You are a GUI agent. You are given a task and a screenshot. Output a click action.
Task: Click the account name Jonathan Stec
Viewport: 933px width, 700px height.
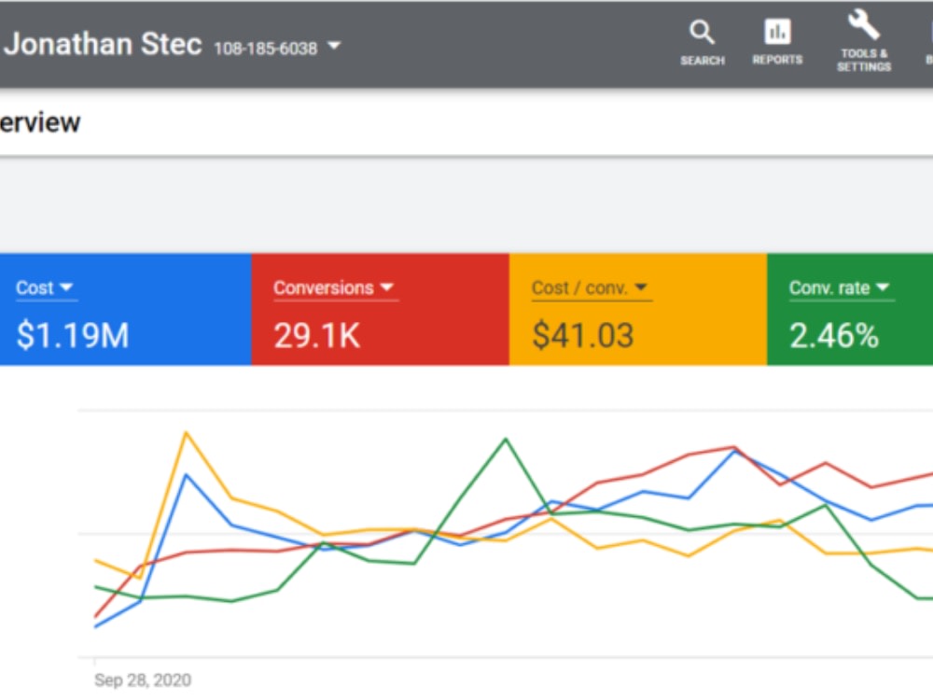[x=103, y=44]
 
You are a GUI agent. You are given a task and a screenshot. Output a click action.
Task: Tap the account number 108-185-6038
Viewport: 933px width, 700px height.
[x=265, y=49]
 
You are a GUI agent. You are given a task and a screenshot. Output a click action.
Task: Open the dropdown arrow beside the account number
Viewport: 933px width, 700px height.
[x=334, y=45]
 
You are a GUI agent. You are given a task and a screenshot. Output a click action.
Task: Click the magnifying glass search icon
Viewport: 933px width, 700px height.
[x=703, y=32]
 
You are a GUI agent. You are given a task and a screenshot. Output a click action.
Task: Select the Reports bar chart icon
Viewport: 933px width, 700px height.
[x=777, y=32]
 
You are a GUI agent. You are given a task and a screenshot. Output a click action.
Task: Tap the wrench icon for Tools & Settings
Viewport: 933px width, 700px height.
[x=863, y=24]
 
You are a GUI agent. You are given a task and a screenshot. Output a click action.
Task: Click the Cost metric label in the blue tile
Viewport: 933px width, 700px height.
[x=35, y=288]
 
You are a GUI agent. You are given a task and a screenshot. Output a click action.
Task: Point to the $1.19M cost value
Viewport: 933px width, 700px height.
[x=73, y=334]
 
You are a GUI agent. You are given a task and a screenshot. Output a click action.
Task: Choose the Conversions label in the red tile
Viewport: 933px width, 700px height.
[x=323, y=288]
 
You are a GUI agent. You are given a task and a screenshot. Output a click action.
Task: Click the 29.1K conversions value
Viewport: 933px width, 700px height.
[x=316, y=335]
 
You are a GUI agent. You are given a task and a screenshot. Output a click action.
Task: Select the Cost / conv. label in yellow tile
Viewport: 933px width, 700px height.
[x=579, y=288]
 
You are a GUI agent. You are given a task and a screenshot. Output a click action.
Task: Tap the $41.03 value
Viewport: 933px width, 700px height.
[x=582, y=334]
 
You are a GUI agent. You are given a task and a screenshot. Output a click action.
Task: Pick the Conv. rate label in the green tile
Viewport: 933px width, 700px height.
[x=829, y=288]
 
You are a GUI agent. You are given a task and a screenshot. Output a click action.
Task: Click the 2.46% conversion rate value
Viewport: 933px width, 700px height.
[x=833, y=335]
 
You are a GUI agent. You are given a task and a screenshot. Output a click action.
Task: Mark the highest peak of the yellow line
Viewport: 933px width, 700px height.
[x=187, y=433]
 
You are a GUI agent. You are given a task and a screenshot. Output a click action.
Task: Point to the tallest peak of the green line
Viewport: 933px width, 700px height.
[x=506, y=439]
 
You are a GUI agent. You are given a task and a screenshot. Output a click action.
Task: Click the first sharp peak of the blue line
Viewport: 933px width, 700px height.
[x=187, y=474]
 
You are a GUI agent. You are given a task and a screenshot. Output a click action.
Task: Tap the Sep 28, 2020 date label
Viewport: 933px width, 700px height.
[x=143, y=679]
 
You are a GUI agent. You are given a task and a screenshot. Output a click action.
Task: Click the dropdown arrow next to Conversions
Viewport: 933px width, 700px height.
[x=387, y=287]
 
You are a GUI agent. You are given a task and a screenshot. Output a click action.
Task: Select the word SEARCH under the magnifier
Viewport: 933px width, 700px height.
[x=703, y=61]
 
